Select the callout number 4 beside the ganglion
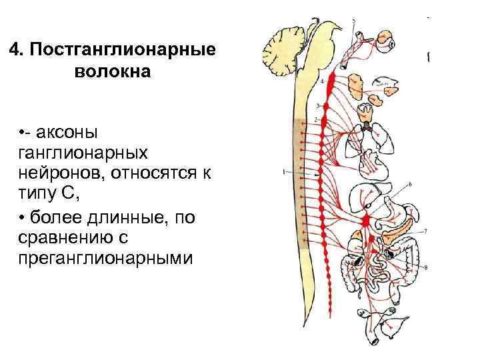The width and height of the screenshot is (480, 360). [323, 81]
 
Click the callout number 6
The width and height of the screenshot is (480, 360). [409, 183]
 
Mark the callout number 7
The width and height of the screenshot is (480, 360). [425, 231]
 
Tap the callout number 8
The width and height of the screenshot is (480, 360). [426, 268]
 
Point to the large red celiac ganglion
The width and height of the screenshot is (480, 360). [366, 220]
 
